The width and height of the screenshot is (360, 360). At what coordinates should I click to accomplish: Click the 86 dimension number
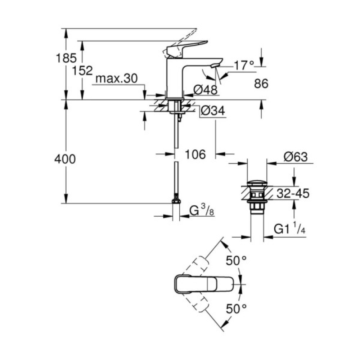tap(261, 84)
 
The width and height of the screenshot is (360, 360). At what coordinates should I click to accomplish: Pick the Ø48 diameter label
tap(205, 90)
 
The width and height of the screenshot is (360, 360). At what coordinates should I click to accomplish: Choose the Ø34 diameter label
tap(212, 112)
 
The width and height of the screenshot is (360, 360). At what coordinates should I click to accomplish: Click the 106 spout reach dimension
tap(195, 154)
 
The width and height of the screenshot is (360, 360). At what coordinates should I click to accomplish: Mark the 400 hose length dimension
tap(65, 159)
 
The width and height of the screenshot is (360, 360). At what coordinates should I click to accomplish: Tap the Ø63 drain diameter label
tap(295, 157)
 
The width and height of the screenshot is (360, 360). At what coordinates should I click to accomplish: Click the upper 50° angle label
tap(236, 261)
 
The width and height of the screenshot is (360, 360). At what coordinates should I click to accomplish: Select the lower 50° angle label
tap(236, 308)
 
